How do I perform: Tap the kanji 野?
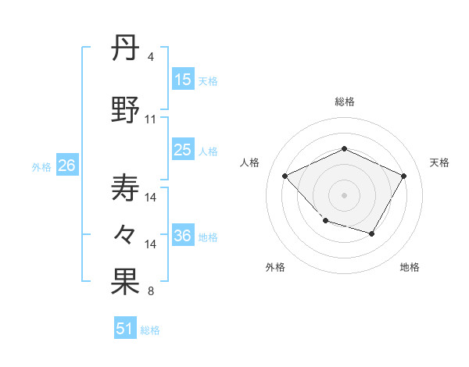[x=126, y=110]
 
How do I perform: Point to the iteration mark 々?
[x=126, y=233]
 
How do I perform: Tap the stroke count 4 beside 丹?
[x=150, y=58]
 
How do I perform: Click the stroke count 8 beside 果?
[x=150, y=292]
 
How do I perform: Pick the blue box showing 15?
[x=183, y=80]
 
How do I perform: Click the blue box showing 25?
[x=183, y=150]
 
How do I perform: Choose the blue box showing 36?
[x=183, y=236]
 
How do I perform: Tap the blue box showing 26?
[x=66, y=166]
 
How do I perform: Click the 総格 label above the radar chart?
[x=344, y=102]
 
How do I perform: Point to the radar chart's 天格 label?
[x=439, y=162]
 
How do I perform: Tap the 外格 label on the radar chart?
[x=275, y=267]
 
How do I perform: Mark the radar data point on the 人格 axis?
[x=285, y=176]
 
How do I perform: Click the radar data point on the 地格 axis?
[x=372, y=233]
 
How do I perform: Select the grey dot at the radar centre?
[x=344, y=194]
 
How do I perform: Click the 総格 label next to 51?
[x=150, y=330]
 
